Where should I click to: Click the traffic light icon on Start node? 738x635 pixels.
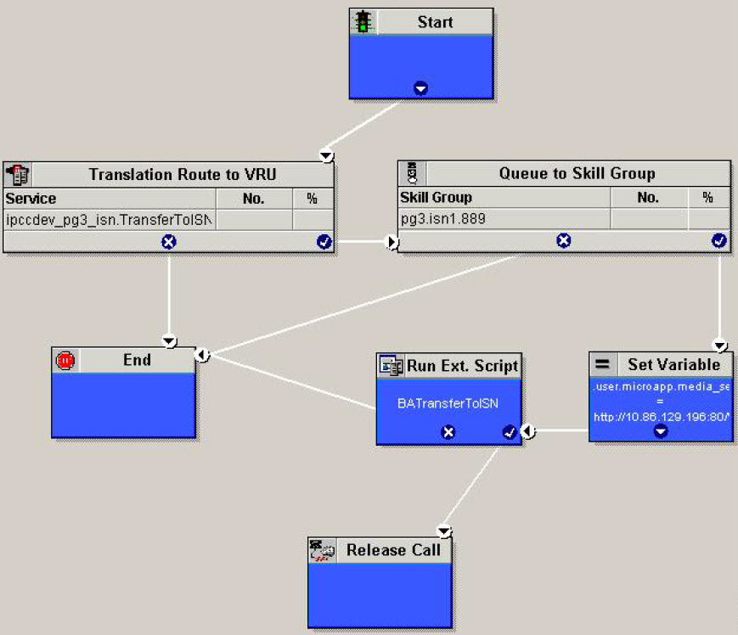coord(364,22)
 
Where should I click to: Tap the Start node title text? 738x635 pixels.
coord(435,22)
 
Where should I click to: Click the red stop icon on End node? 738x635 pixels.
coord(65,360)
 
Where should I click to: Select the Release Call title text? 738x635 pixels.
coord(392,550)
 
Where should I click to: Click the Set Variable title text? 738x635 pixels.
coord(673,364)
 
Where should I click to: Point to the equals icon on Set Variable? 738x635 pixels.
coord(602,364)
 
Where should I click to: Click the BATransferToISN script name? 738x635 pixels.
coord(448,403)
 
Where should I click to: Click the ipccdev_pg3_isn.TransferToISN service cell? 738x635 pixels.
coord(109,220)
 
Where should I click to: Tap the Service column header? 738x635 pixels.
coord(31,199)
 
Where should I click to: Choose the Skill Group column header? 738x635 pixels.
coord(436,198)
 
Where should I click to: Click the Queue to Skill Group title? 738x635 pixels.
coord(577,173)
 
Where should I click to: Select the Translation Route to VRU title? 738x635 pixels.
coord(182,175)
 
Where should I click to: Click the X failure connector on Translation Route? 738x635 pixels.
coord(168,242)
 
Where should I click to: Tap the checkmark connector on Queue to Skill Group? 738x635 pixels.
coord(718,241)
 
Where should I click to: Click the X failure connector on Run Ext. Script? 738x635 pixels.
coord(448,432)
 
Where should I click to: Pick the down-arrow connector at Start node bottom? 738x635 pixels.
coord(420,88)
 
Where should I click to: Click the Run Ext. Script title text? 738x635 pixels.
coord(462,366)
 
